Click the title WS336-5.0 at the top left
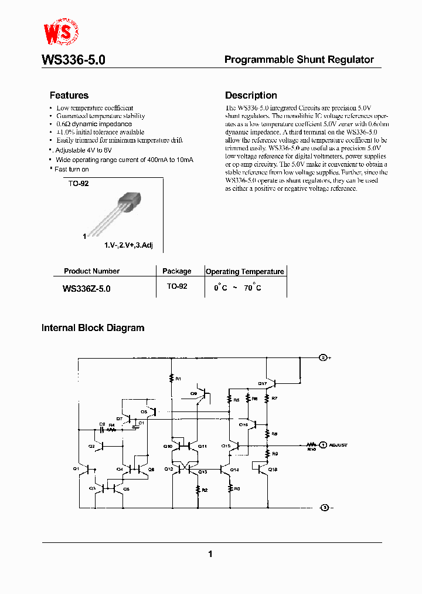73,60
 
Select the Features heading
69,95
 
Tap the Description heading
251,95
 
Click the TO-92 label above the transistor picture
79,184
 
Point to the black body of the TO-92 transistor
130,203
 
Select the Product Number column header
91,271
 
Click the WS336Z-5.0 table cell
86,289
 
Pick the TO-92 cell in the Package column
176,286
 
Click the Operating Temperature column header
244,272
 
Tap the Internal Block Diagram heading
93,328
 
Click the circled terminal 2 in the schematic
322,357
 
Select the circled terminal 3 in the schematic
322,507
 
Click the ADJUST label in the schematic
338,446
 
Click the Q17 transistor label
262,384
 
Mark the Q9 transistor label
193,393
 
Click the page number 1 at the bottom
210,553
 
